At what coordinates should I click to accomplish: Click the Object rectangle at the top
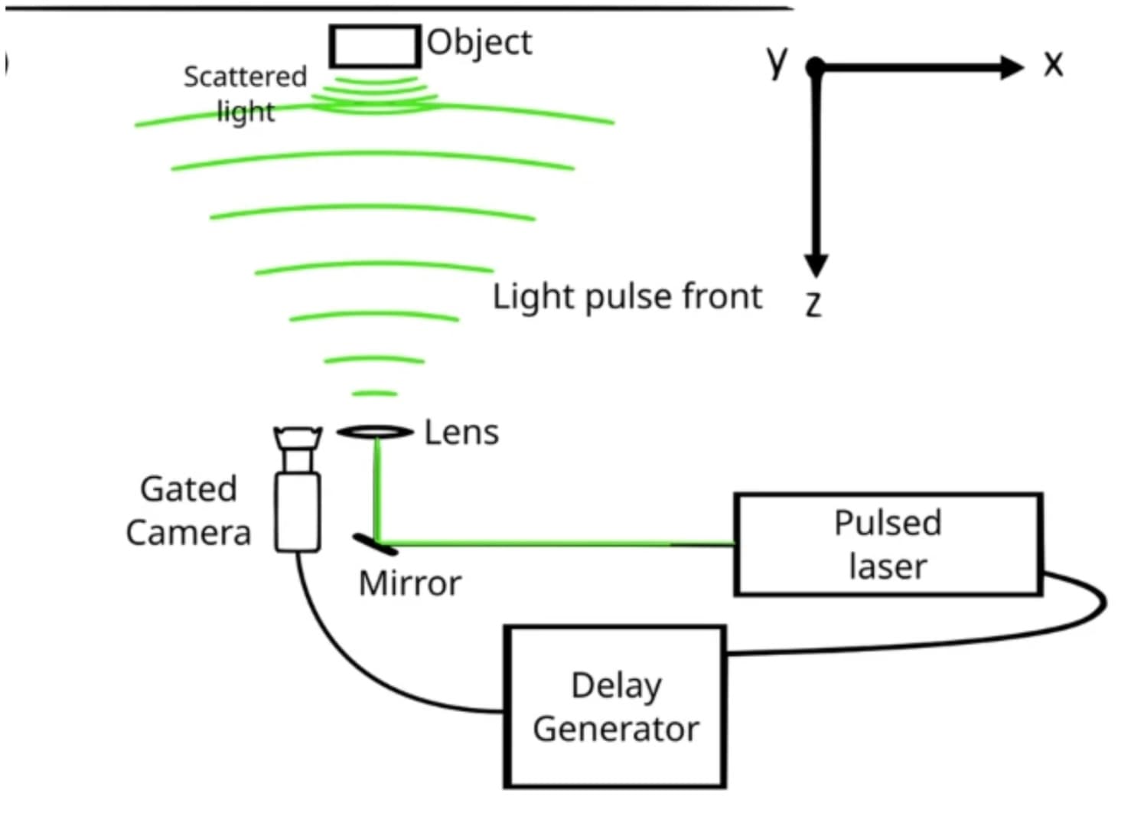[x=375, y=47]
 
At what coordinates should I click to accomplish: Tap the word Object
[x=479, y=43]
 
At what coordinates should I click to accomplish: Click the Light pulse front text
[x=627, y=297]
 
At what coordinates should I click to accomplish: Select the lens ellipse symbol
[x=375, y=433]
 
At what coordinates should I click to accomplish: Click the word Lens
[x=461, y=433]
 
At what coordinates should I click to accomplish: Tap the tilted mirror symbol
[x=375, y=544]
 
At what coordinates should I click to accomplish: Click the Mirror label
[x=410, y=584]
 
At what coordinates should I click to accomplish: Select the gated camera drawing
[x=298, y=490]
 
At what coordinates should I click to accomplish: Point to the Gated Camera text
[x=188, y=511]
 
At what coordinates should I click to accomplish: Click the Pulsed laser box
[x=888, y=544]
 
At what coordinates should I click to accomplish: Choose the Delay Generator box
[x=615, y=707]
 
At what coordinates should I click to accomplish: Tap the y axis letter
[x=777, y=61]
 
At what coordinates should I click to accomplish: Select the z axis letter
[x=813, y=304]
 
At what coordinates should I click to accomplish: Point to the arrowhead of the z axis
[x=816, y=264]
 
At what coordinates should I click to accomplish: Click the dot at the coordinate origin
[x=816, y=67]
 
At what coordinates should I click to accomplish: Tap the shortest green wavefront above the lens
[x=374, y=394]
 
